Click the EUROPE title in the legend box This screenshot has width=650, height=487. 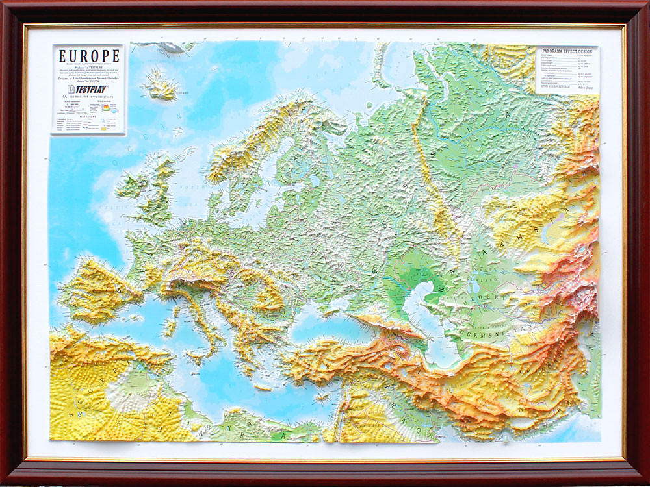click(88, 56)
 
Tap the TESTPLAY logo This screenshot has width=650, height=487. click(88, 89)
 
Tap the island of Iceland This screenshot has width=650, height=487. click(159, 84)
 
